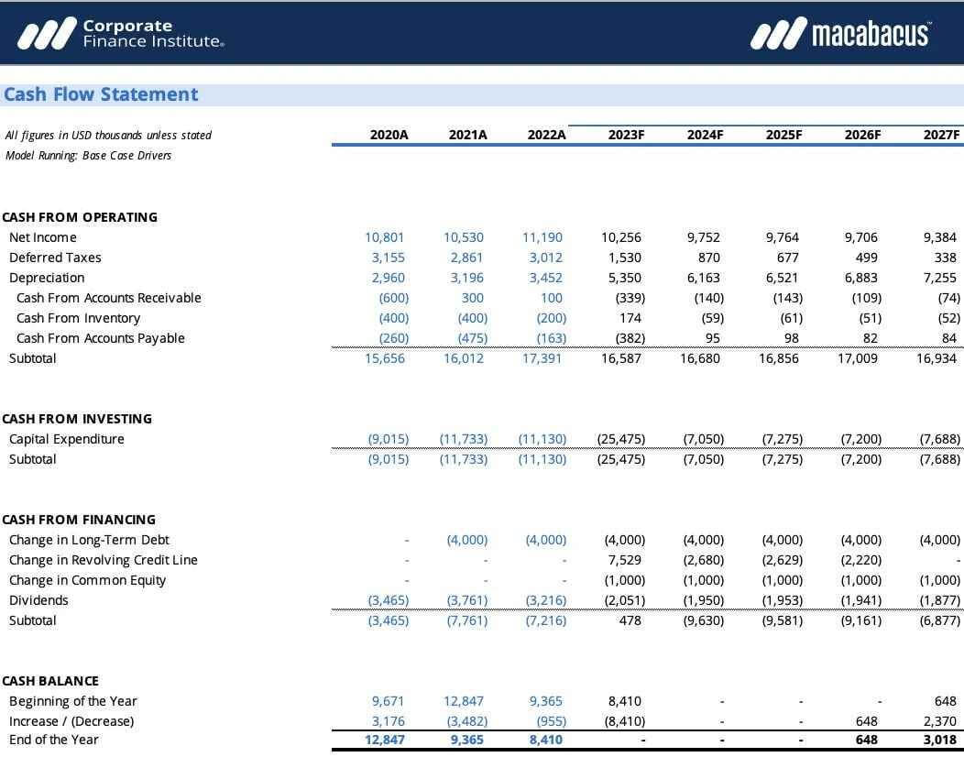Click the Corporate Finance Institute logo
pos(120,34)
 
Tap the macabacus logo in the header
pos(839,34)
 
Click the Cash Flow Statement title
pos(101,94)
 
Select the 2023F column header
pos(626,135)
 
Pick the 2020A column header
pos(389,135)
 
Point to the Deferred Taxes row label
pos(55,258)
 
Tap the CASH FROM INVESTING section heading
pos(77,419)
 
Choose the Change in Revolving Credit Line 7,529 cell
pos(624,560)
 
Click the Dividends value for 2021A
pos(467,600)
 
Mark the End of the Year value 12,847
pos(385,740)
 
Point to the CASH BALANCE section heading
pos(50,681)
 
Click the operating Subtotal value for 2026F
pos(859,358)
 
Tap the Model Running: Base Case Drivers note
pos(88,156)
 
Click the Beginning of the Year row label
pos(73,701)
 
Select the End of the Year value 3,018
pos(939,740)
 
